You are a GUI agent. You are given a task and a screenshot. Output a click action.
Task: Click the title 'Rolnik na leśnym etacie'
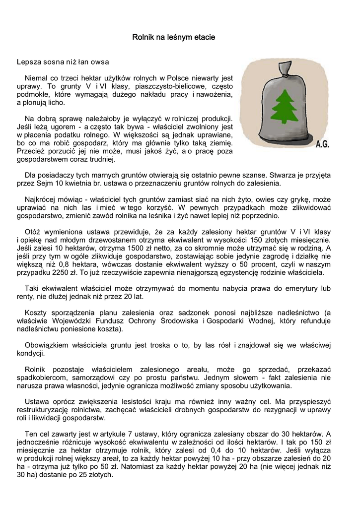pos(173,37)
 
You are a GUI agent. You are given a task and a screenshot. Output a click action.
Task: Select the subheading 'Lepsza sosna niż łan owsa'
pos(63,63)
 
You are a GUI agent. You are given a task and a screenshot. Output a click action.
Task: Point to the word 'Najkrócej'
pos(40,199)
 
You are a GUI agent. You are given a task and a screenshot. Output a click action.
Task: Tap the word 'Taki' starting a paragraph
pos(32,288)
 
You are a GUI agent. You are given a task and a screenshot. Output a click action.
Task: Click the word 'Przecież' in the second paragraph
pos(31,151)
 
